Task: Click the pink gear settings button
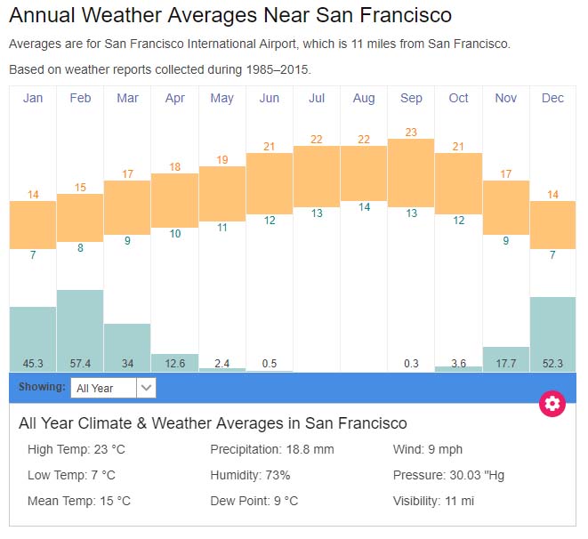click(x=552, y=404)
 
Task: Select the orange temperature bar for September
click(x=411, y=173)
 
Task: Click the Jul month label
click(x=317, y=98)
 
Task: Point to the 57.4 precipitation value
click(x=80, y=363)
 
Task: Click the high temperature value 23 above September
click(x=411, y=133)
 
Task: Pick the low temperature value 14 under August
click(x=364, y=207)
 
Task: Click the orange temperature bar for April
click(x=174, y=200)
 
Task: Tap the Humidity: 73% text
click(x=250, y=475)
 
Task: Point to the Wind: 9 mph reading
click(x=428, y=449)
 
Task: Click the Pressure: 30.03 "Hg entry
click(x=448, y=475)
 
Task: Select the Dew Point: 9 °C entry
click(x=254, y=501)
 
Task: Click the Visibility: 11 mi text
click(x=433, y=501)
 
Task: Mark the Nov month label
click(x=505, y=98)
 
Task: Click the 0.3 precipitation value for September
click(x=411, y=363)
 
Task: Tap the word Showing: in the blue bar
click(x=42, y=387)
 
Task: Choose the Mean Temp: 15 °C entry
click(x=79, y=501)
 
